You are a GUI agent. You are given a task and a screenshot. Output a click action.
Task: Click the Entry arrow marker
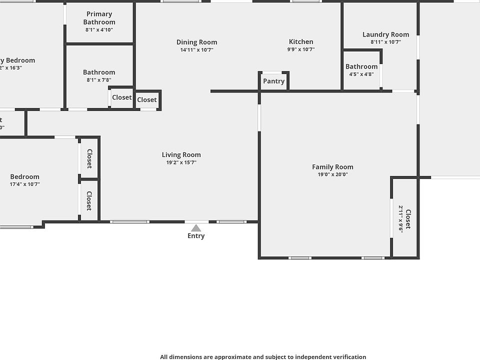point(196,228)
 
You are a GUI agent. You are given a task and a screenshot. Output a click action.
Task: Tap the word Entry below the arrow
point(196,236)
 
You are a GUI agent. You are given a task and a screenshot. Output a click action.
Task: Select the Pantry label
point(273,81)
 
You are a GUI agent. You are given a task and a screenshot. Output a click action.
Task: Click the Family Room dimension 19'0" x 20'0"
point(332,174)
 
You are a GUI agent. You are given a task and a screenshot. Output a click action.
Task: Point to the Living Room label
point(181,155)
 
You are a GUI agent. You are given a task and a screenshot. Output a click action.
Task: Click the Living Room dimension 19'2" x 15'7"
point(181,162)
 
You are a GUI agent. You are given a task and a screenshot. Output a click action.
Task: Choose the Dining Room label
point(196,42)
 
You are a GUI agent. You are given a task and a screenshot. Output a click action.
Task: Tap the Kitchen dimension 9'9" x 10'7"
point(301,49)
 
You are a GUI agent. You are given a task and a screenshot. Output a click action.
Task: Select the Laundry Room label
point(385,34)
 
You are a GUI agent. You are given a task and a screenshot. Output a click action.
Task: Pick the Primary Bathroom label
point(99,18)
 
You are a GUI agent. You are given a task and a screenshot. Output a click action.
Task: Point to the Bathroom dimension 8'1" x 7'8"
point(99,80)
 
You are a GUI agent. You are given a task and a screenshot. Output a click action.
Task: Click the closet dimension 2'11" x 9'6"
point(401,219)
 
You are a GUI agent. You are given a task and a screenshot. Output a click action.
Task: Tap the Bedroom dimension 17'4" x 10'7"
point(24,184)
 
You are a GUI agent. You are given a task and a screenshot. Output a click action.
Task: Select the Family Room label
point(332,167)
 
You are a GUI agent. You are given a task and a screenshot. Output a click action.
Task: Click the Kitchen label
point(301,42)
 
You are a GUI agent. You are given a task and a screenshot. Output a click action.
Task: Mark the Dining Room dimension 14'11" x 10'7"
point(196,49)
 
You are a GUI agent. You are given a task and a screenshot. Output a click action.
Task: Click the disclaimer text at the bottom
point(263,356)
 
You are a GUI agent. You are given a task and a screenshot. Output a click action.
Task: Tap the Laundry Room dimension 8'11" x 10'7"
point(385,42)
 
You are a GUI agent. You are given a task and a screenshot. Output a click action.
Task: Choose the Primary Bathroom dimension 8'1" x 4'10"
point(99,30)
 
